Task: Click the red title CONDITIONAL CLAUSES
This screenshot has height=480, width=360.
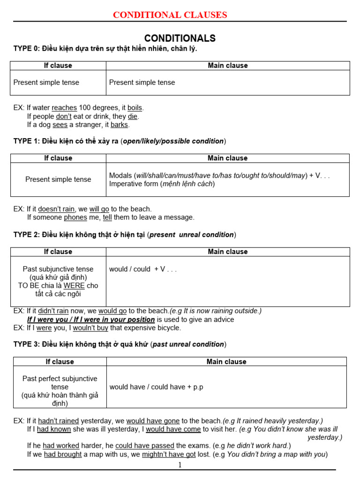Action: coord(170,15)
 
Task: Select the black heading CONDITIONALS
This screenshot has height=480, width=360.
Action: coord(180,38)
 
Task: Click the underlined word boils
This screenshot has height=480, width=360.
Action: coord(135,108)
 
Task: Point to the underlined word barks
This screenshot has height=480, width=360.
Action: coord(120,125)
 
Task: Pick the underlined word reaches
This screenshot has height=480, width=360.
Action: coord(64,108)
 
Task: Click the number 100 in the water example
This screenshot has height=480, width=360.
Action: coord(86,108)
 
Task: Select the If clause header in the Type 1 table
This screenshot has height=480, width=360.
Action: coord(58,158)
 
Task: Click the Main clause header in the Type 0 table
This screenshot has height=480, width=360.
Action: coord(228,66)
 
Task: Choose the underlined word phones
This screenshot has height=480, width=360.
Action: coord(75,217)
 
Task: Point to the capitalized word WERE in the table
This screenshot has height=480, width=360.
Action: coord(74,285)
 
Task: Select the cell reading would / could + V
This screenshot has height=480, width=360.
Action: coord(142,269)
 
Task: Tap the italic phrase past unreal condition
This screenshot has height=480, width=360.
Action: coord(188,345)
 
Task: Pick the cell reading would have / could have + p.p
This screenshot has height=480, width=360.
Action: coord(156,387)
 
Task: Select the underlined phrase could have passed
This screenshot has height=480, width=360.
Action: coord(145,446)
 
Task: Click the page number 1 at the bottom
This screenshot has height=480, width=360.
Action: coord(180,465)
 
